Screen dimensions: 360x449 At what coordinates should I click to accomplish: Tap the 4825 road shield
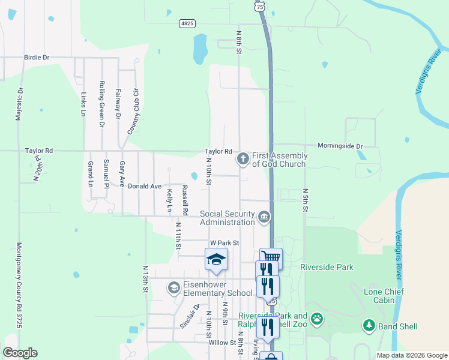pyautogui.click(x=187, y=23)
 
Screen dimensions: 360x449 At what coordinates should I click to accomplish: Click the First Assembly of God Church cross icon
pyautogui.click(x=243, y=158)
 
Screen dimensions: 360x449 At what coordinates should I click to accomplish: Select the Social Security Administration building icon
pyautogui.click(x=264, y=216)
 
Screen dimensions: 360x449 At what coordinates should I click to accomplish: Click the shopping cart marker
pyautogui.click(x=271, y=257)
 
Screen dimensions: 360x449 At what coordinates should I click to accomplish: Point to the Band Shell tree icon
pyautogui.click(x=369, y=326)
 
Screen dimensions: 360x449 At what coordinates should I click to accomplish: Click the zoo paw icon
pyautogui.click(x=317, y=319)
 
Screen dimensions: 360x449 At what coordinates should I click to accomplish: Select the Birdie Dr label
pyautogui.click(x=37, y=58)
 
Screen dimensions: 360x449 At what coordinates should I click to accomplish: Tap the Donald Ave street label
pyautogui.click(x=145, y=187)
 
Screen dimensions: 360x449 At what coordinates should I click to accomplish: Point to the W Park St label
pyautogui.click(x=224, y=243)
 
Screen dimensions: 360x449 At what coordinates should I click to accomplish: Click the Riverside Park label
pyautogui.click(x=327, y=267)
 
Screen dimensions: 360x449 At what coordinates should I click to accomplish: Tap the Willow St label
pyautogui.click(x=223, y=343)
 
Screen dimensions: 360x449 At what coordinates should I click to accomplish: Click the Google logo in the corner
pyautogui.click(x=20, y=353)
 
